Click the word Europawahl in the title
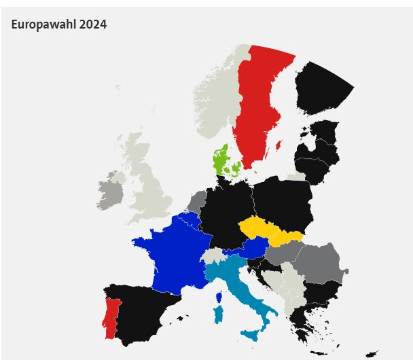(43, 24)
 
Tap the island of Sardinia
(219, 315)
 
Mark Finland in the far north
(320, 88)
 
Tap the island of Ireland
(110, 193)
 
